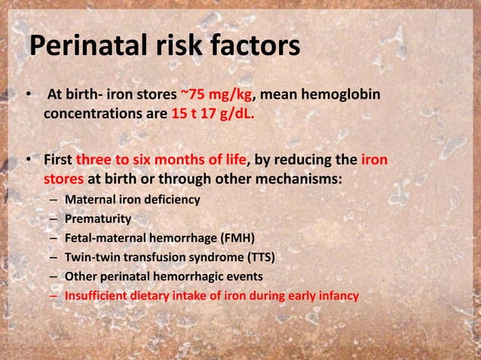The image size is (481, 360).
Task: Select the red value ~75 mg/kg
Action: coord(216,97)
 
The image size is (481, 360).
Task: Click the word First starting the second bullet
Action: coord(60,160)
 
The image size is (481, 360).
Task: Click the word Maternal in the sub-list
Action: coord(90,200)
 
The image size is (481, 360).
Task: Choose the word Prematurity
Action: coord(98,219)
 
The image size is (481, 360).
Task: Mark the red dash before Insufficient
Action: coord(54,296)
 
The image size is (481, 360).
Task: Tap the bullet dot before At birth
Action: coord(28,97)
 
